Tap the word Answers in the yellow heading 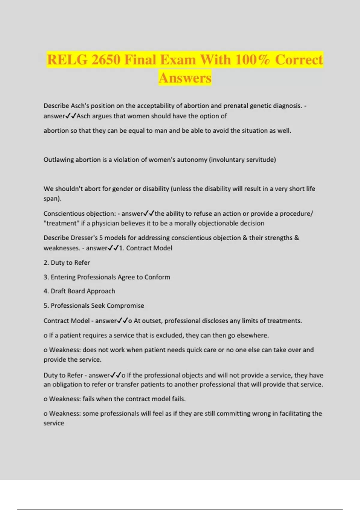click(x=185, y=78)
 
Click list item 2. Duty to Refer click(x=67, y=262)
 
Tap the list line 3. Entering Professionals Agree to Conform click(x=107, y=277)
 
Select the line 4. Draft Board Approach click(x=79, y=291)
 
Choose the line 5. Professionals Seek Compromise click(x=94, y=305)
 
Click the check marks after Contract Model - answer click(x=122, y=321)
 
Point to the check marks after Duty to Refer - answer click(x=116, y=375)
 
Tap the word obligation click(x=67, y=384)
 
